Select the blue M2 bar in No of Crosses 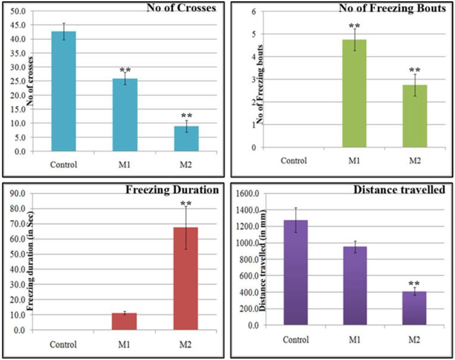(x=187, y=138)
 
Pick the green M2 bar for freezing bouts (x=415, y=116)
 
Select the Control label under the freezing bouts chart (x=293, y=160)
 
